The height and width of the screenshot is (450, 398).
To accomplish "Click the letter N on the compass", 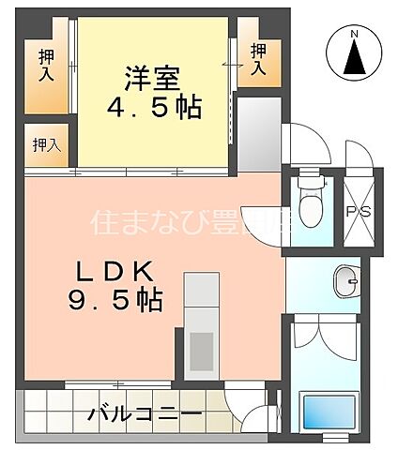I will point(355,36).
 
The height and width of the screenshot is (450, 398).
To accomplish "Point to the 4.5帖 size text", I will point(152,109).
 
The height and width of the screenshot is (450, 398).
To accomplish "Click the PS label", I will point(359,211).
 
